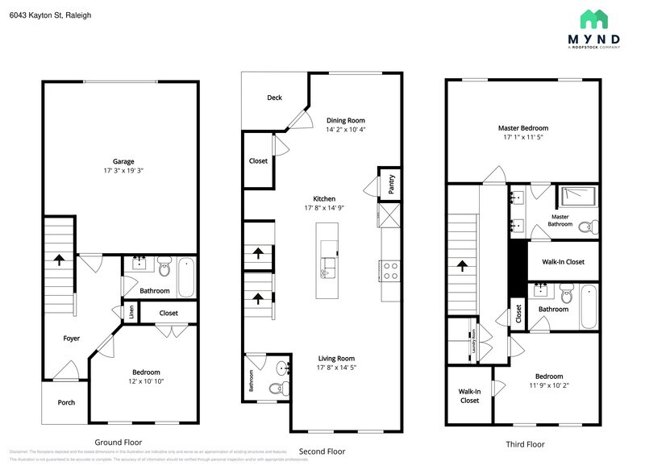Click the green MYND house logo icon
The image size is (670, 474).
pos(596,19)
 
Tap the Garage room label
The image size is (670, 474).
pos(123,161)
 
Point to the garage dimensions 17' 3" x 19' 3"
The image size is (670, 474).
pos(123,171)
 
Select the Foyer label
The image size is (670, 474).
pos(72,339)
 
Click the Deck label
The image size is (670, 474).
pos(274,98)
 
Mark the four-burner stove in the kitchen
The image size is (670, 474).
pos(390,271)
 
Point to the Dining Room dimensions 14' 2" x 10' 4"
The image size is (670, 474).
pos(346,130)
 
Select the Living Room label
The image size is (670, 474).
pos(335,358)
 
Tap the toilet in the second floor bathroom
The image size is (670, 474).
pos(274,389)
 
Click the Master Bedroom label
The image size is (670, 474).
pos(522,128)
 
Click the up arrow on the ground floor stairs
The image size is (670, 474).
pos(60,260)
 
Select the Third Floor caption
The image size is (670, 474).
pos(525,444)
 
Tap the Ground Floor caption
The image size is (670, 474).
pos(119,443)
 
